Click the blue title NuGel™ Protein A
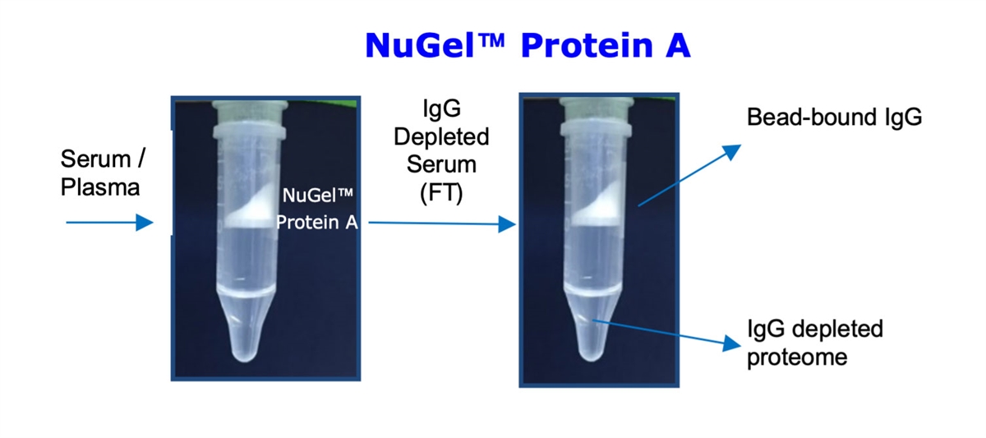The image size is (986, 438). (528, 45)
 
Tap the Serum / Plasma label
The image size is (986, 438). (103, 173)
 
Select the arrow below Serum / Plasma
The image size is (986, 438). (109, 223)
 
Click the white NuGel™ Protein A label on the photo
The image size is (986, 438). (317, 209)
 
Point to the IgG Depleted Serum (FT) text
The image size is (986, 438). (441, 151)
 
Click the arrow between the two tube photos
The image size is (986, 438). (442, 224)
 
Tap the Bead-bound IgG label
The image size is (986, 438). (834, 118)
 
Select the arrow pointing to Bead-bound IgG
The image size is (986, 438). (689, 175)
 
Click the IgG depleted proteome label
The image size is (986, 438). (815, 343)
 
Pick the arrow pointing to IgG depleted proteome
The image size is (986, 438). (666, 333)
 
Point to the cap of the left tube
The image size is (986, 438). (250, 113)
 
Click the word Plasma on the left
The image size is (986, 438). (100, 187)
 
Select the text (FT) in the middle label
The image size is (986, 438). (441, 194)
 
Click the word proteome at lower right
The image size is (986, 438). (797, 357)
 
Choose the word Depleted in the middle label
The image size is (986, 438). (441, 136)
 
